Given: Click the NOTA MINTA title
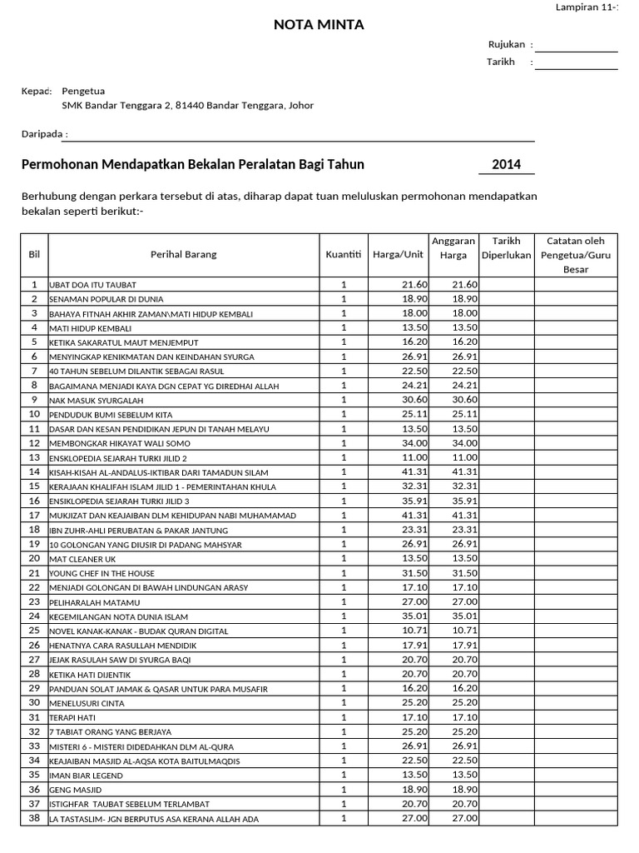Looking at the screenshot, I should pyautogui.click(x=319, y=25).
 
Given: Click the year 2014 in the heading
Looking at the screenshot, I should pyautogui.click(x=506, y=164).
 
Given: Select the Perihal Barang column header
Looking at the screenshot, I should pyautogui.click(x=184, y=254).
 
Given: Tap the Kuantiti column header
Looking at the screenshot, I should pyautogui.click(x=344, y=254).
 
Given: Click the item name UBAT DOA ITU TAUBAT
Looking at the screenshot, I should pyautogui.click(x=93, y=285).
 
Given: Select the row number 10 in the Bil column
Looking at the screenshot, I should pyautogui.click(x=34, y=414).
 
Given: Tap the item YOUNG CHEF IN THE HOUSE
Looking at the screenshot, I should pyautogui.click(x=102, y=574).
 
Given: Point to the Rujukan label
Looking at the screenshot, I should pyautogui.click(x=504, y=45).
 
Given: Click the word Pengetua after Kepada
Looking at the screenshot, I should pyautogui.click(x=83, y=91).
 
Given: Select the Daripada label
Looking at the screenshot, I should pyautogui.click(x=42, y=134).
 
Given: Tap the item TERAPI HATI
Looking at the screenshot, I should pyautogui.click(x=76, y=718).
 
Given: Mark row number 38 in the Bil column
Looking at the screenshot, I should pyautogui.click(x=34, y=818).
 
